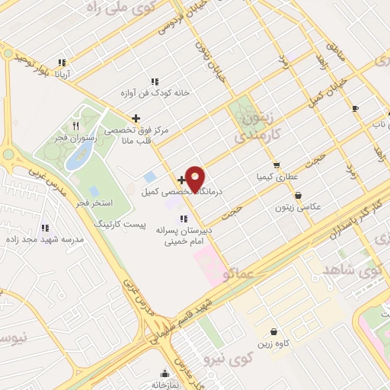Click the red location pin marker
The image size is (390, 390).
tap(196, 178)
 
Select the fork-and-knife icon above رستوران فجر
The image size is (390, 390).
tap(75, 125)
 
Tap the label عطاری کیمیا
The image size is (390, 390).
tap(275, 176)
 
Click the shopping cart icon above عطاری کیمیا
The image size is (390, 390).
tap(276, 165)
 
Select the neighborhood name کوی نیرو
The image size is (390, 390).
tap(242, 358)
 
